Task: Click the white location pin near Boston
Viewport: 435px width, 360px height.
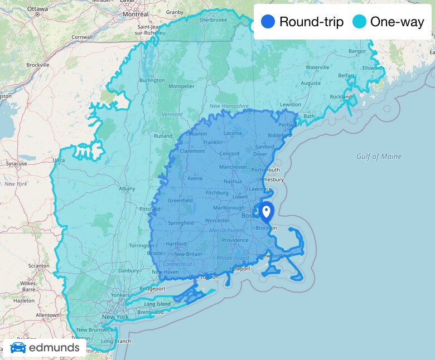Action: [266, 212]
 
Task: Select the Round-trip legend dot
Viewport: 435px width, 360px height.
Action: [268, 22]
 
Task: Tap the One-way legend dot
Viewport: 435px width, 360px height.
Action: [360, 22]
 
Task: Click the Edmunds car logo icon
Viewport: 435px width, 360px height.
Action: [18, 348]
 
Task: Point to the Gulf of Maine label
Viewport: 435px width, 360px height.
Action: [379, 157]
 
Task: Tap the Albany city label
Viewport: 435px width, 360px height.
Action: [127, 189]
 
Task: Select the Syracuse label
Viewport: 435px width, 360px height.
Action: [16, 164]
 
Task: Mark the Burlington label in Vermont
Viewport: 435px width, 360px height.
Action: [152, 80]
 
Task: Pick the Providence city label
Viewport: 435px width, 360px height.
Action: [235, 241]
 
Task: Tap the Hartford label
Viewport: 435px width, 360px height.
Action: [176, 244]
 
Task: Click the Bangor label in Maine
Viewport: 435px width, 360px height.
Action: [357, 51]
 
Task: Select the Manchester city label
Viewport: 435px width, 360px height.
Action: [233, 167]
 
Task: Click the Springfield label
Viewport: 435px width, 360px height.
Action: [181, 223]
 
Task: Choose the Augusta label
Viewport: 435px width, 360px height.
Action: [311, 83]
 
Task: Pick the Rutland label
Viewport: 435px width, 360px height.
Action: [163, 136]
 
